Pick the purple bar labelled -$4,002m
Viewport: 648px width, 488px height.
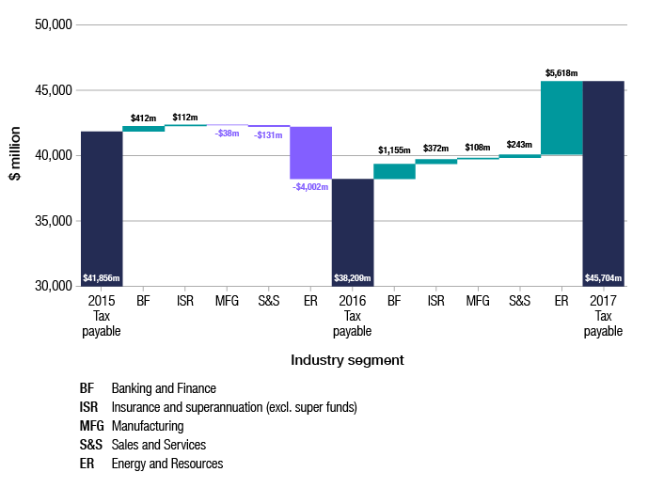coord(310,152)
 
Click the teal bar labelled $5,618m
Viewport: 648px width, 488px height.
coord(561,118)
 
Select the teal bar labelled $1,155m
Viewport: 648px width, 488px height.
coord(394,171)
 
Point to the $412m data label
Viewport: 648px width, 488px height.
coord(143,118)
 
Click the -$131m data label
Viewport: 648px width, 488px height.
coord(268,134)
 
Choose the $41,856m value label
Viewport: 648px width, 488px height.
coord(102,278)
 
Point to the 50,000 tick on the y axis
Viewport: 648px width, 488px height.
coord(53,24)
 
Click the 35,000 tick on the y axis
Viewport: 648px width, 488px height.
coord(53,221)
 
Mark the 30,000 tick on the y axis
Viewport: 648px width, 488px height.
coord(53,286)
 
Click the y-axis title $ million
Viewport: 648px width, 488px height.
coord(16,154)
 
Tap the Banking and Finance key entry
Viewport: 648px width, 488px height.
coord(164,388)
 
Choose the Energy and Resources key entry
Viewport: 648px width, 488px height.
coord(166,464)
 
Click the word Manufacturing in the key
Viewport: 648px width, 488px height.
coord(147,426)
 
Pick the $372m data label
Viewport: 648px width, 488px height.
coord(436,149)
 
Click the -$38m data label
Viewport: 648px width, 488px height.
coord(227,134)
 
